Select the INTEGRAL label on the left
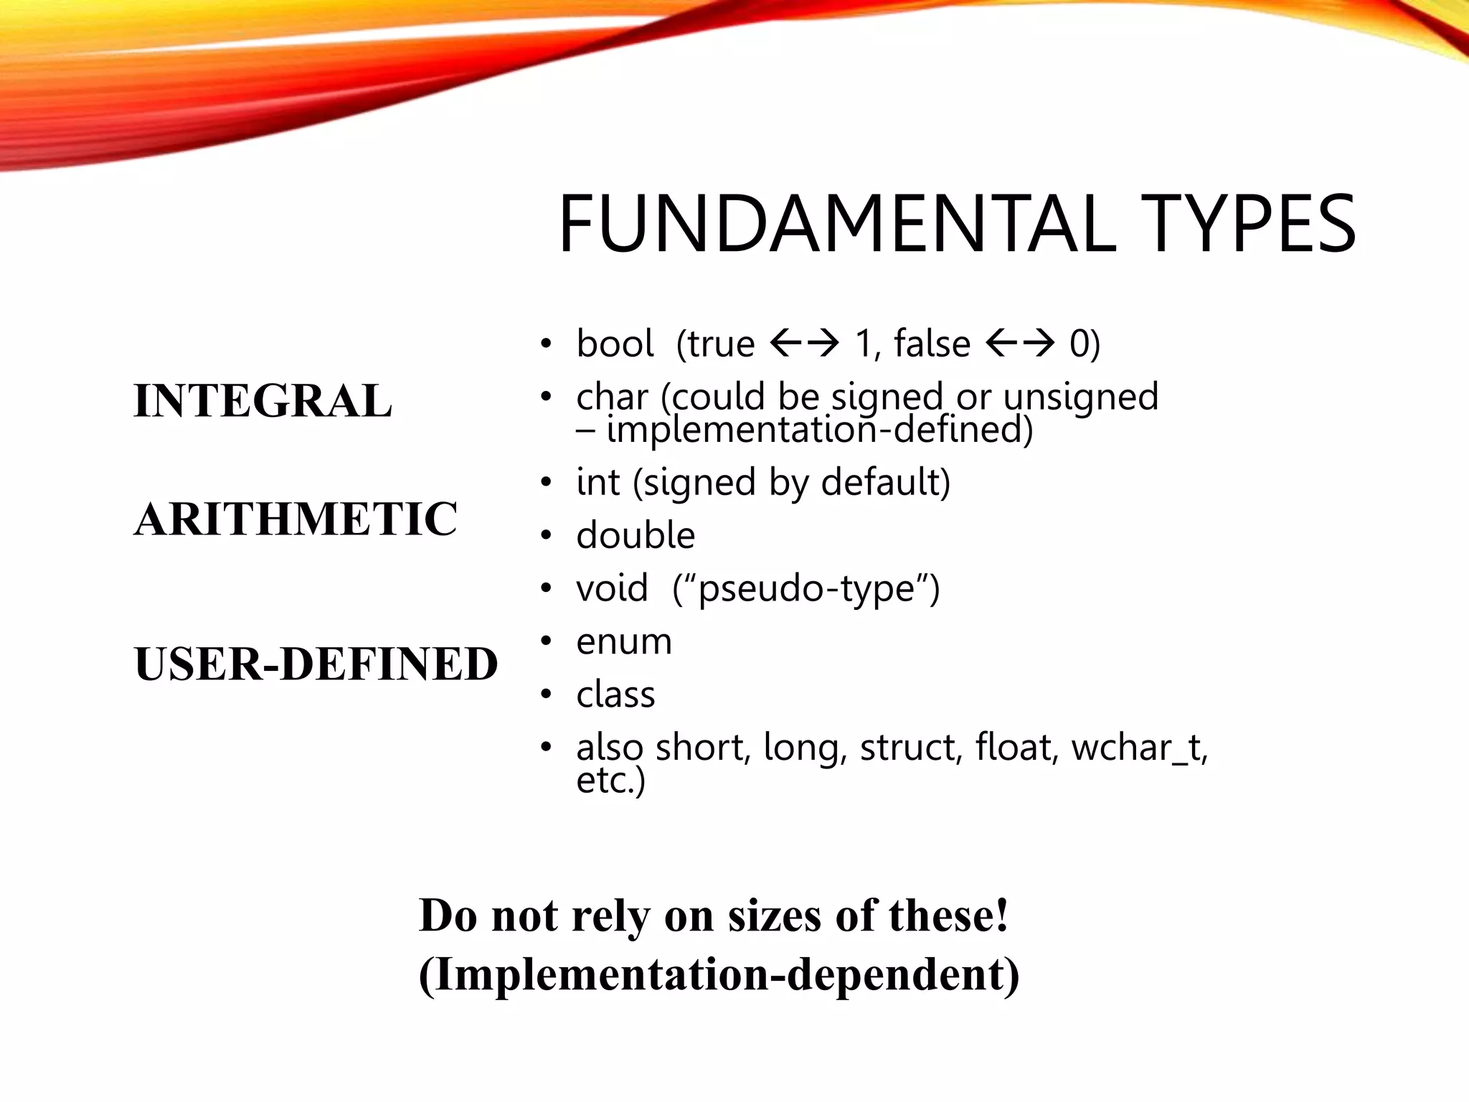(263, 400)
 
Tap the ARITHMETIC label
(296, 519)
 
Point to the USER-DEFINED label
(316, 663)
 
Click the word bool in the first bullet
(615, 343)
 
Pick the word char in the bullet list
(612, 397)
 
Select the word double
(636, 535)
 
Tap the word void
(612, 588)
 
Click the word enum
(624, 641)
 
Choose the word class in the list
(615, 694)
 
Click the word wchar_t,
(1140, 748)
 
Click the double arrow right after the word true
(804, 344)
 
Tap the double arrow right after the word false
(1020, 344)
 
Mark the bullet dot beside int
(547, 482)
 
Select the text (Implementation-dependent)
(719, 974)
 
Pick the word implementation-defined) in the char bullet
(820, 430)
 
